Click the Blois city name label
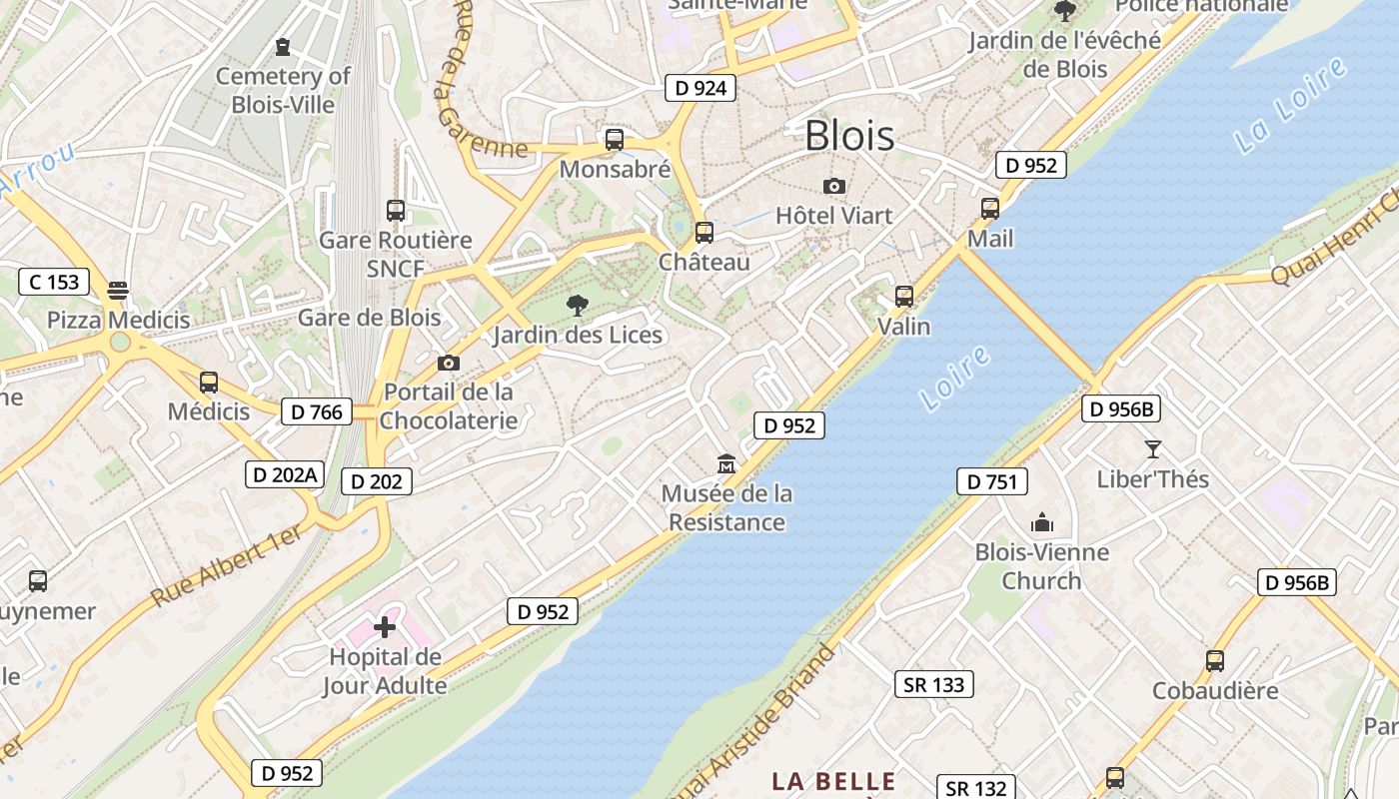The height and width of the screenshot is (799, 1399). [x=849, y=135]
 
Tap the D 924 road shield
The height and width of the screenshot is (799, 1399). [x=700, y=88]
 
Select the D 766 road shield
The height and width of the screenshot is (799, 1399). [x=317, y=411]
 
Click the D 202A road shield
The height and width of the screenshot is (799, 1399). [x=285, y=474]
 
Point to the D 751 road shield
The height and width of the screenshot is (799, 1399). [x=992, y=481]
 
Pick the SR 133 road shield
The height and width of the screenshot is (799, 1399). [x=933, y=684]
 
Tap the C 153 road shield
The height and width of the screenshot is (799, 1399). [x=54, y=282]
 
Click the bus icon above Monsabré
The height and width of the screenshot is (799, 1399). [x=615, y=140]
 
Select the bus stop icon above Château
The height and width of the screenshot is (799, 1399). [x=704, y=233]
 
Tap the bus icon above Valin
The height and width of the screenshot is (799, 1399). [x=904, y=297]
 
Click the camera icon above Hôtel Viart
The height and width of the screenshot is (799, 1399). [x=834, y=186]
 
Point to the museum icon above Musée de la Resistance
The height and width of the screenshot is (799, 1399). [x=726, y=463]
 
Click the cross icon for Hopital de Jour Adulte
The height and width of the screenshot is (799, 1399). [x=385, y=627]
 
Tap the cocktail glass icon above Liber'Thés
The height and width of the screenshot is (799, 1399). [x=1152, y=449]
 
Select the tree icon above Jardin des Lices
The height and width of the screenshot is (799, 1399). [x=577, y=305]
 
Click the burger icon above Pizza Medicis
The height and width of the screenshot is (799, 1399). [x=118, y=291]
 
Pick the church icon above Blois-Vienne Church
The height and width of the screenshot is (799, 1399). [x=1042, y=522]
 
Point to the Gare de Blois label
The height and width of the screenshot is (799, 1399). [x=370, y=318]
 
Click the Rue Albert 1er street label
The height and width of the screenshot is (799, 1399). [x=227, y=565]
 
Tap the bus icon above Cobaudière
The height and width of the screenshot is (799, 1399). [x=1215, y=660]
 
